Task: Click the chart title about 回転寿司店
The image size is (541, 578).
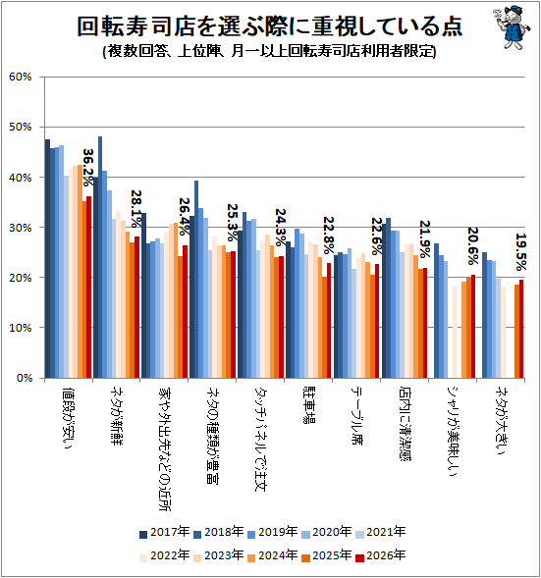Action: click(270, 26)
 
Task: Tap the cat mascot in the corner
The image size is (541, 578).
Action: click(512, 26)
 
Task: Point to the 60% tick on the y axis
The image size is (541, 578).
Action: click(21, 78)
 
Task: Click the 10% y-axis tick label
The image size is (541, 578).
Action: click(21, 328)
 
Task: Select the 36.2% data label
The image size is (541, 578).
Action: click(88, 167)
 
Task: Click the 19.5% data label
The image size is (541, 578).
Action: click(520, 252)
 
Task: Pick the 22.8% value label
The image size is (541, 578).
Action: click(329, 236)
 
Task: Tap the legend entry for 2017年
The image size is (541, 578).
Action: click(165, 532)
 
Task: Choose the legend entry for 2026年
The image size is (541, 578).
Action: click(381, 555)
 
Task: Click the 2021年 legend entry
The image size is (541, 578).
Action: click(381, 532)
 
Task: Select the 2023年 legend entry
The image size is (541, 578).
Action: click(219, 555)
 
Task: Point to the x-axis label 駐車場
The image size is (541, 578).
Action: click(308, 405)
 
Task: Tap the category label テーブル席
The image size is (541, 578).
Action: click(356, 416)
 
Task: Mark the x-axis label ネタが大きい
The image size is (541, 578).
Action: click(501, 421)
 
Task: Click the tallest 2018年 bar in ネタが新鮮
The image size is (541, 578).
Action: click(100, 257)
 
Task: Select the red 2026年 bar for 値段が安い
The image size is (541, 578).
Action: click(89, 288)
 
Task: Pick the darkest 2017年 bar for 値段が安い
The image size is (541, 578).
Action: click(47, 259)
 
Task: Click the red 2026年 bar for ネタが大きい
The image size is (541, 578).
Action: click(521, 329)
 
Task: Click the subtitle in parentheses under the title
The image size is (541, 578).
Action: click(270, 51)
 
